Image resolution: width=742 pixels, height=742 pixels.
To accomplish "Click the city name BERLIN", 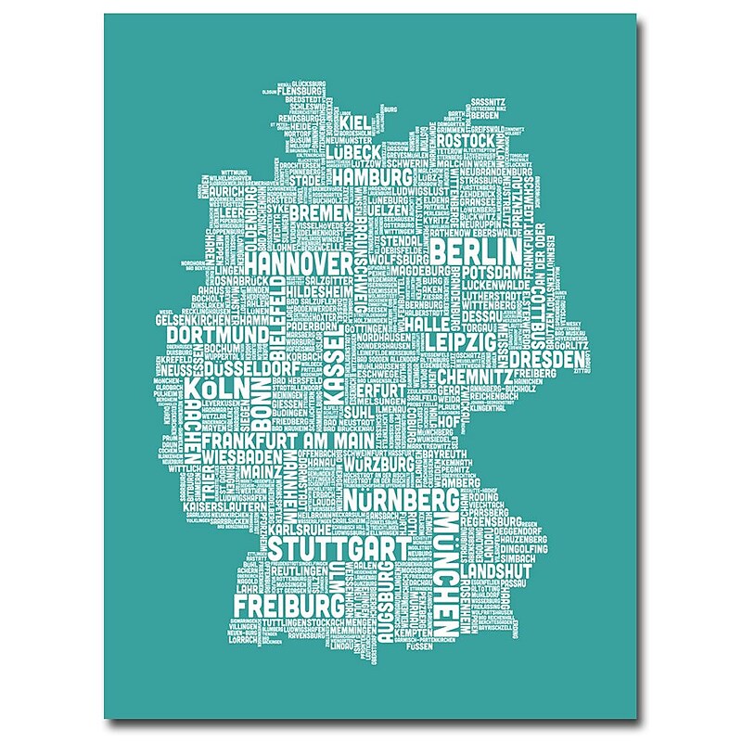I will (474, 252).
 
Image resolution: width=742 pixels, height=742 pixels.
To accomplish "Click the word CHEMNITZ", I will (474, 377).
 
